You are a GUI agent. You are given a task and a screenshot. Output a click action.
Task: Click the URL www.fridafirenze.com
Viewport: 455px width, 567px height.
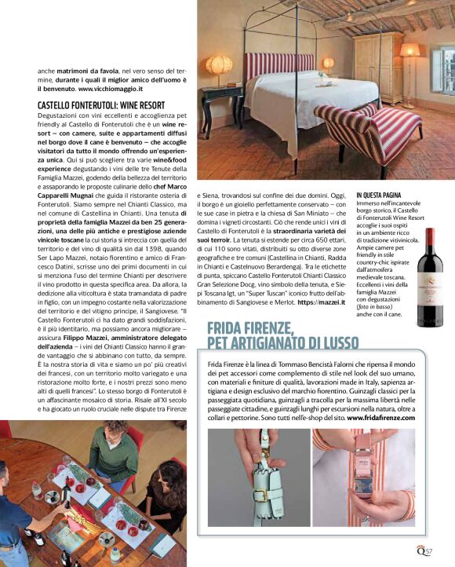(x=380, y=418)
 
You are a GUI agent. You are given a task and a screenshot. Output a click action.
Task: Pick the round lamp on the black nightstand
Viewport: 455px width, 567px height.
(x=220, y=66)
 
